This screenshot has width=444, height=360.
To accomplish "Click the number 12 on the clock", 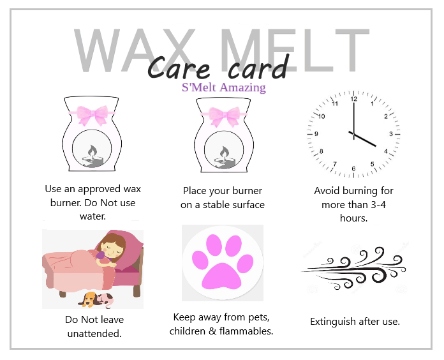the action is tap(353, 99).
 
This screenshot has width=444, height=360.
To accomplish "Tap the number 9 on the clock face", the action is tap(316, 133).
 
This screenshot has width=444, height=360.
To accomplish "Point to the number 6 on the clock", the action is tap(353, 169).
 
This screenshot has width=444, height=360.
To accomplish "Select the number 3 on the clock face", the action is tap(391, 133).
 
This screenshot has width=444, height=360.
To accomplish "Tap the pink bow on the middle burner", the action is tap(224, 116).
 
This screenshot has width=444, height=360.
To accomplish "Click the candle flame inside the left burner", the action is tap(92, 151).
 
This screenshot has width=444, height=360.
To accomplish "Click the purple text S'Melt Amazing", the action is tap(224, 87).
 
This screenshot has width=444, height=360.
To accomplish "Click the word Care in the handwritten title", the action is tap(179, 68).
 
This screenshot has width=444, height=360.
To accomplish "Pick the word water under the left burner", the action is tap(93, 216).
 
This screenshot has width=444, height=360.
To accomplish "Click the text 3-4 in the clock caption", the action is tap(378, 204).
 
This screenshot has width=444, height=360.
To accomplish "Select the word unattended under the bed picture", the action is tap(94, 333).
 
